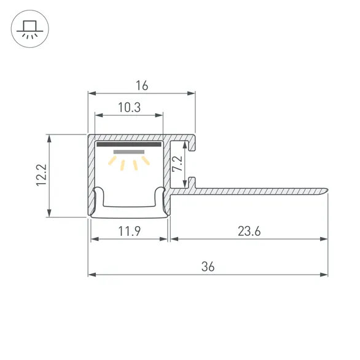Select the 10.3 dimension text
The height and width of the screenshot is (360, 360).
tap(128, 107)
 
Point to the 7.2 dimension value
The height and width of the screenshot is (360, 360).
tap(177, 164)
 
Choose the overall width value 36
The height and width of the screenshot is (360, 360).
tap(208, 266)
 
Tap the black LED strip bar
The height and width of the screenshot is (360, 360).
tap(128, 145)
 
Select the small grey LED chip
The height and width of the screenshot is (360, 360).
tap(128, 151)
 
